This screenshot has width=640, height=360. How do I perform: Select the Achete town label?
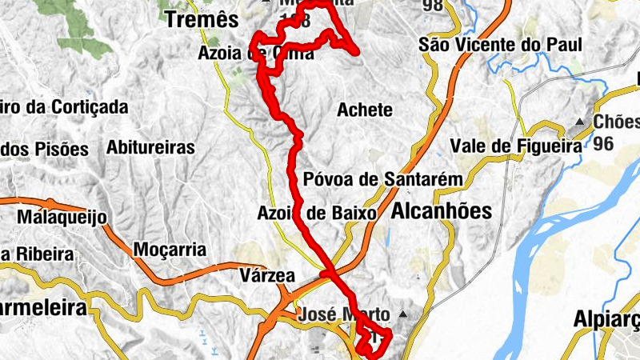366,110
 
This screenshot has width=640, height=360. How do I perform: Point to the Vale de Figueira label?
514,146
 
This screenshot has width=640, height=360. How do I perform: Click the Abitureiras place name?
150,148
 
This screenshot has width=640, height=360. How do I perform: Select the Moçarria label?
170,250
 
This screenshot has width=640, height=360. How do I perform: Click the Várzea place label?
267,276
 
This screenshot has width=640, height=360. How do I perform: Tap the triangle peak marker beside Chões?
579,122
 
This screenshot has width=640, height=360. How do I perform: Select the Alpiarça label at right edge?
608,320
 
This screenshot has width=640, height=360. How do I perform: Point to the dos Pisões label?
45,149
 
